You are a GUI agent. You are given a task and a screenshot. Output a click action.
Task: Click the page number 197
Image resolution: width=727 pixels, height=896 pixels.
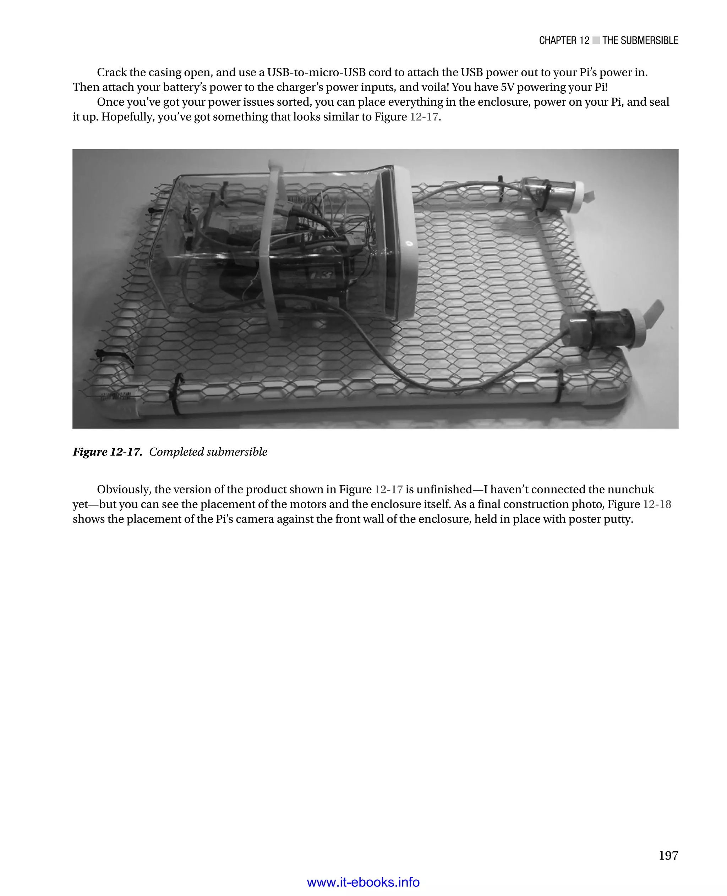(x=668, y=856)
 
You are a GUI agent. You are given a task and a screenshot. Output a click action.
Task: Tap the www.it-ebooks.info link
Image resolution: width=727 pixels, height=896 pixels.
(x=363, y=882)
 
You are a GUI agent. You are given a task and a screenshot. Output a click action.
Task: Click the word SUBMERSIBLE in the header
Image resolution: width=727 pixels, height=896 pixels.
(x=640, y=40)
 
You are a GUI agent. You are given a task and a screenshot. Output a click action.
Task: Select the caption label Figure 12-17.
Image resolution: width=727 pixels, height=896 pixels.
(x=107, y=452)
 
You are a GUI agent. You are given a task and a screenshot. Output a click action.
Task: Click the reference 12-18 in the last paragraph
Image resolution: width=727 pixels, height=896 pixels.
(x=657, y=504)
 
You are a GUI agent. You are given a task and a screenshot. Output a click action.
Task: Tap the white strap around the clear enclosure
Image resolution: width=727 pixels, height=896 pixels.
(x=268, y=251)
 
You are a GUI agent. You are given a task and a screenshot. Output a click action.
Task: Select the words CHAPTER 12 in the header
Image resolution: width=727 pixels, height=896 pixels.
(x=564, y=40)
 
